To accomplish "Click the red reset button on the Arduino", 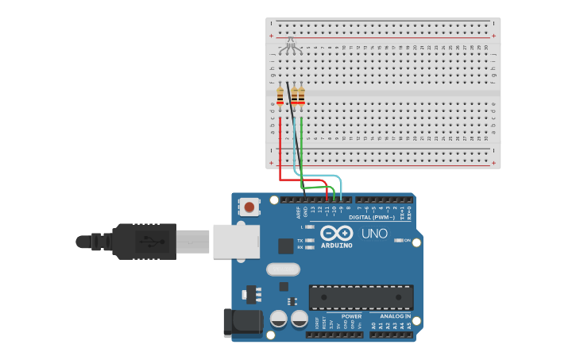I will pos(249,207).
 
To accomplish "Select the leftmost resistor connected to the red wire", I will pos(280,96).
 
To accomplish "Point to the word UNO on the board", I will pos(374,234).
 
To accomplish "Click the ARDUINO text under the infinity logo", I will pos(336,246).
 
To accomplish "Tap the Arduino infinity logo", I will pos(336,234).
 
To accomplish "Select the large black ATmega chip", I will pos(361,297).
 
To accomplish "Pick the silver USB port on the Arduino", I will pos(236,241).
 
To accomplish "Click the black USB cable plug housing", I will pos(144,241).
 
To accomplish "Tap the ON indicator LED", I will pos(399,240).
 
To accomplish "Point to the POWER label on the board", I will pos(351,316).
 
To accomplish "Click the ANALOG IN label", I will pos(389,316).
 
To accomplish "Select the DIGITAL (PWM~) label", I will pos(372,217).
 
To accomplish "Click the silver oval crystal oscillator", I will pos(283,269).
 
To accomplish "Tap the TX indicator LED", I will pos(309,240).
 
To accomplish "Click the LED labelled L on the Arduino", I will pos(309,226).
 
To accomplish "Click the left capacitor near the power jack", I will pos(279,319).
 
